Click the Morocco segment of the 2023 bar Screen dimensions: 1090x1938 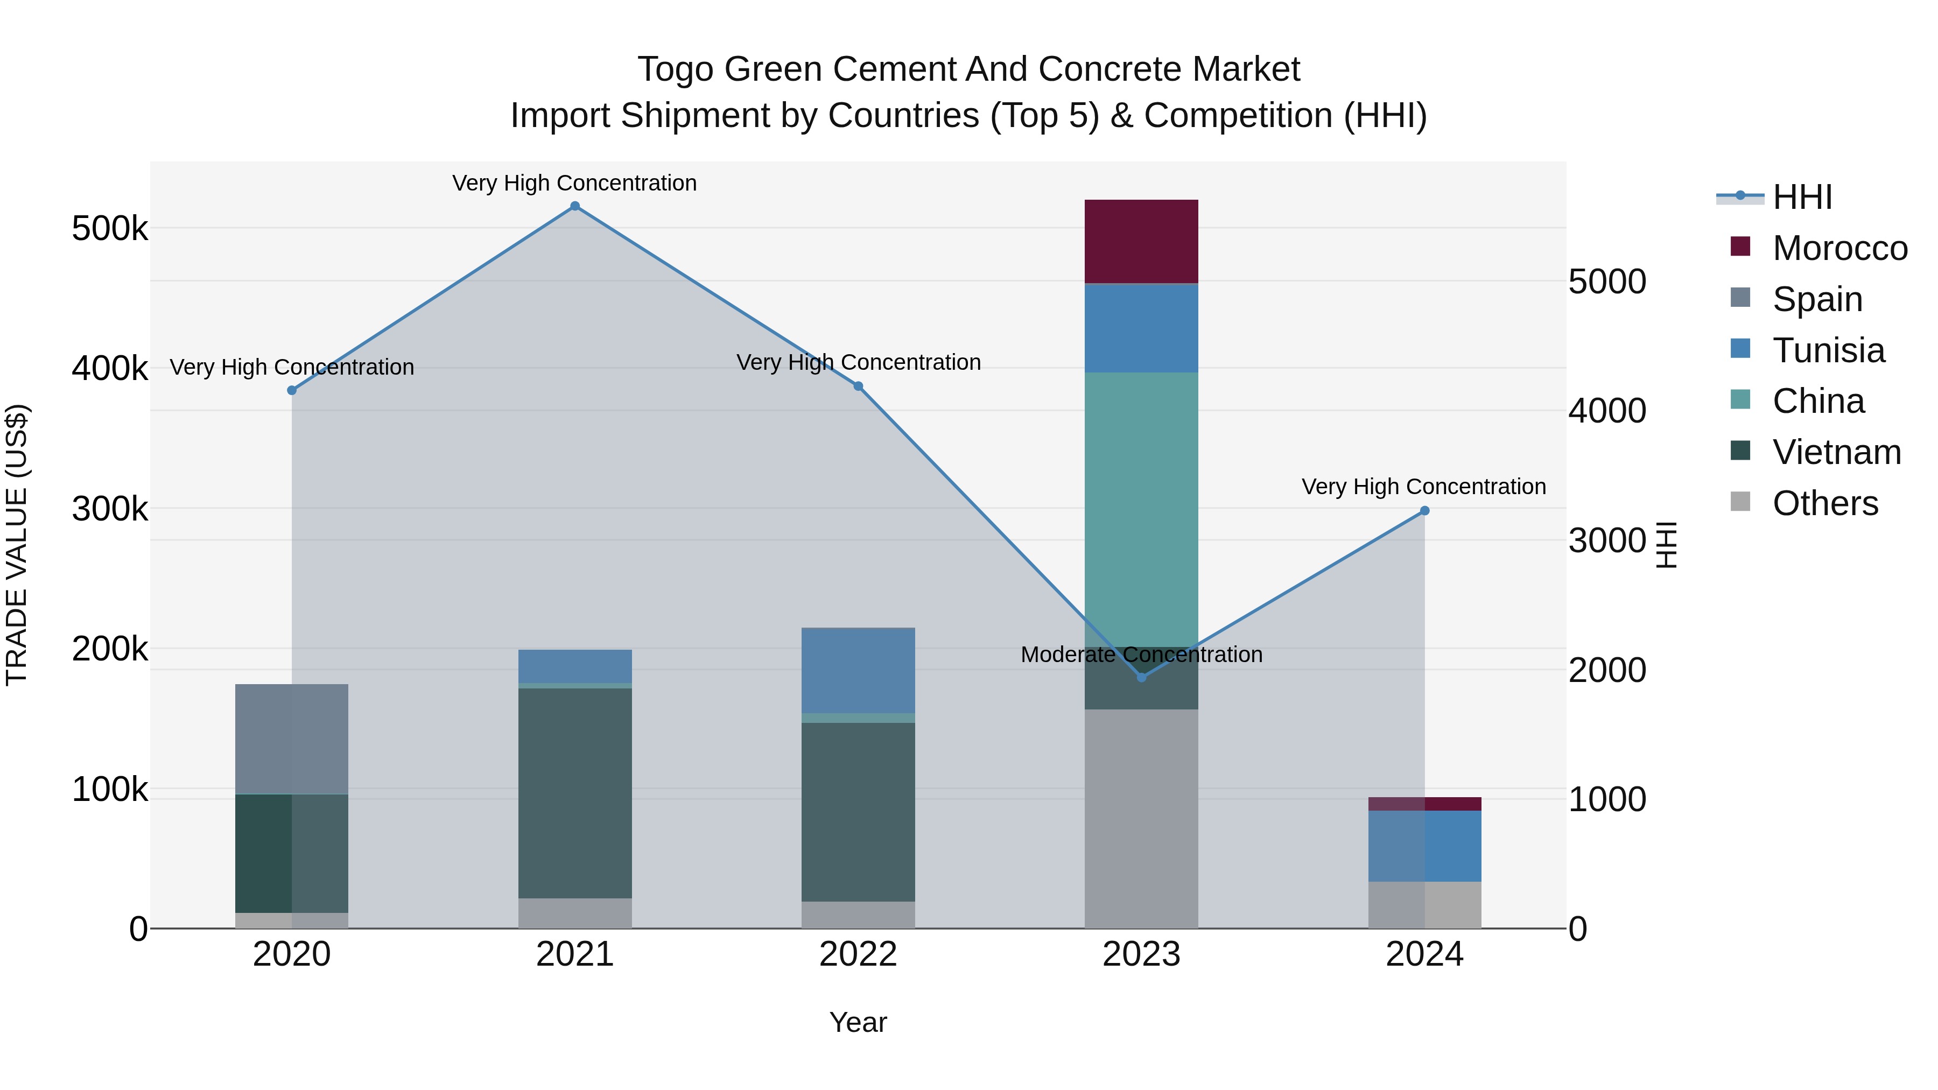1141,242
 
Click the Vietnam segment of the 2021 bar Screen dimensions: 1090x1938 575,793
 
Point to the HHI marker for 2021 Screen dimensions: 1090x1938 575,206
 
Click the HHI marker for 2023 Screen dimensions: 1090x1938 1141,677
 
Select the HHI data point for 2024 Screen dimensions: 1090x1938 1424,511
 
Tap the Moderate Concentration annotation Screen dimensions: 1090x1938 1141,655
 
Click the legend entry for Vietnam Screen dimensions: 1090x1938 1836,452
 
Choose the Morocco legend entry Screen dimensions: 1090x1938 1839,248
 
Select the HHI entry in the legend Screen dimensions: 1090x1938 1802,197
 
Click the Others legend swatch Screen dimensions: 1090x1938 1740,502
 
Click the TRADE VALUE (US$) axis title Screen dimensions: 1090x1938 17,545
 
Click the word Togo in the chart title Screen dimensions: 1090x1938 676,69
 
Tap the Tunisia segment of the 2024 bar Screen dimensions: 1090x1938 1424,846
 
